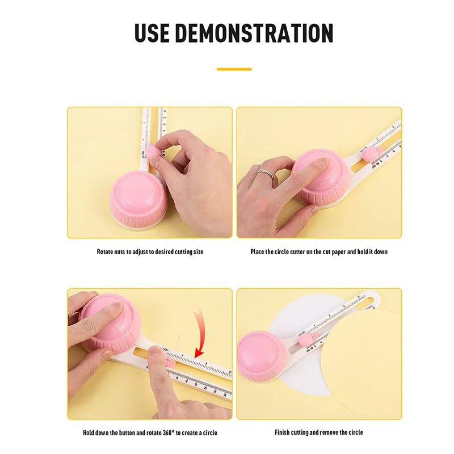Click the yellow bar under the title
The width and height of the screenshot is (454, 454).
[x=234, y=69]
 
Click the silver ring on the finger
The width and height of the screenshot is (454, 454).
[x=265, y=174]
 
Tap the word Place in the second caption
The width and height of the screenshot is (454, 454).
[x=258, y=251]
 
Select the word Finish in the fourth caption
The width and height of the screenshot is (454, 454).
[x=283, y=433]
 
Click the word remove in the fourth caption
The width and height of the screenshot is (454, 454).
[x=331, y=433]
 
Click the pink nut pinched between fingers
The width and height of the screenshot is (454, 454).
[x=153, y=152]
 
